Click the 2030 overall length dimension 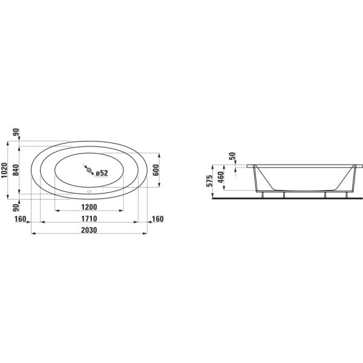click(x=89, y=230)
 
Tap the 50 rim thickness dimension click(x=232, y=157)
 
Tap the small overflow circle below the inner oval click(x=90, y=194)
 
